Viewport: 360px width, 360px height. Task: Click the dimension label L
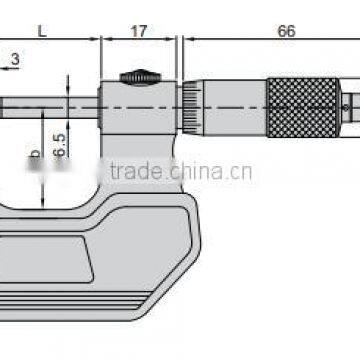click(x=41, y=31)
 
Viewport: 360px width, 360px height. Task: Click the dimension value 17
click(x=138, y=31)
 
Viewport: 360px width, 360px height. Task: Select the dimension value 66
click(x=286, y=31)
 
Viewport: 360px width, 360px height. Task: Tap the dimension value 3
click(x=15, y=60)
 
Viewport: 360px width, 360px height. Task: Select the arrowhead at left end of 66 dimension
click(x=186, y=41)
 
